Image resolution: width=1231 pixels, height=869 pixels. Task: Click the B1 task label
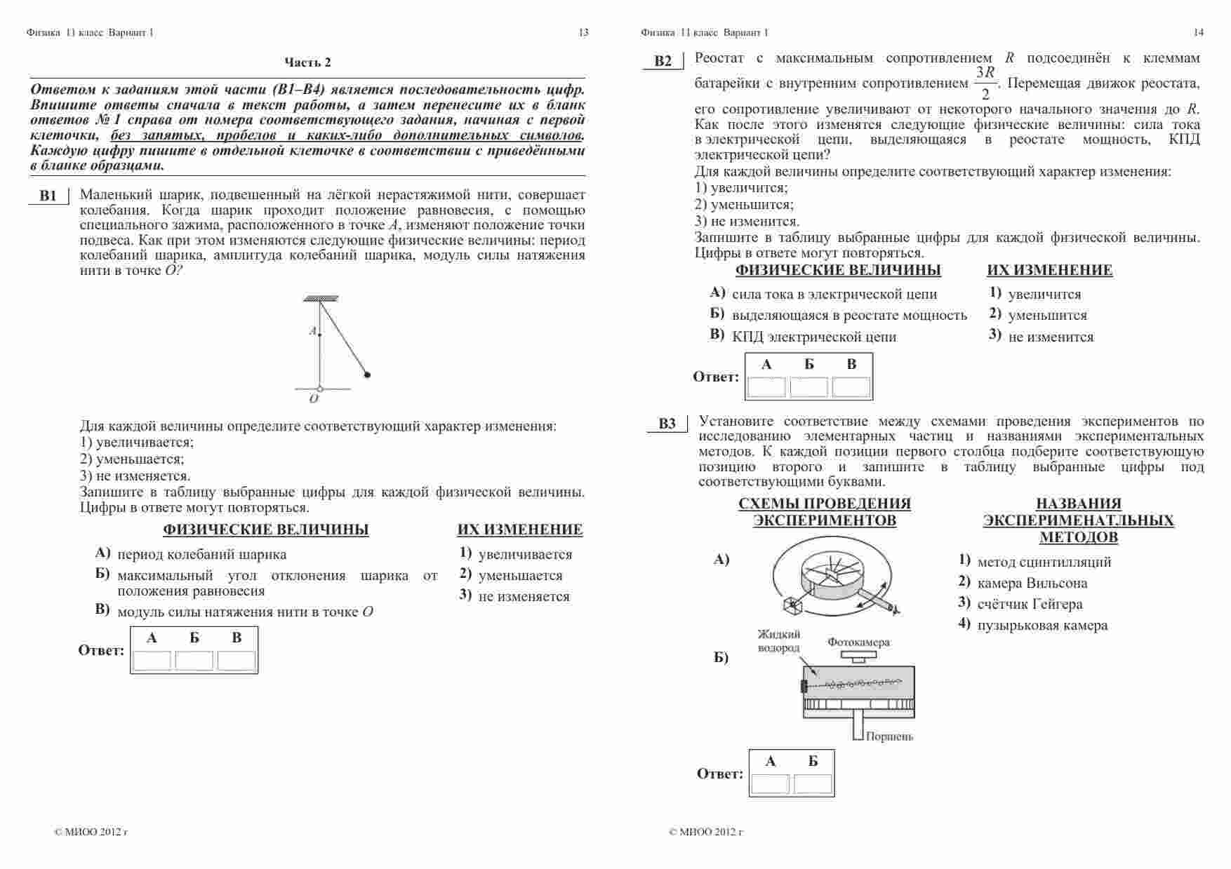48,196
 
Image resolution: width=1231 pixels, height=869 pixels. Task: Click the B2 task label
663,61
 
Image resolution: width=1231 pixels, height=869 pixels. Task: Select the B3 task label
667,424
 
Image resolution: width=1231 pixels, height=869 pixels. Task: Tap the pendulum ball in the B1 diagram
367,375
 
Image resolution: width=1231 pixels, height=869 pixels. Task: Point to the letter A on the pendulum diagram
313,331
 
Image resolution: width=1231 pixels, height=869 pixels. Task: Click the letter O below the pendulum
314,398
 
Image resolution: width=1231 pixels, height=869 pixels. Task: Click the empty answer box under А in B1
152,661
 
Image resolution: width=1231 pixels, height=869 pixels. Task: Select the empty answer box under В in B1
237,661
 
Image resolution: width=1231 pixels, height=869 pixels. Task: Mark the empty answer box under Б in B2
809,387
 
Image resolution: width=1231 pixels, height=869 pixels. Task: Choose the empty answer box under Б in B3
813,784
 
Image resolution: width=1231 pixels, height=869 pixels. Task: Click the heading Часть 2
307,62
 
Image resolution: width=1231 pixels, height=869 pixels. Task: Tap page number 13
583,32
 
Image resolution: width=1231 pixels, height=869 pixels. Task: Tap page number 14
1198,32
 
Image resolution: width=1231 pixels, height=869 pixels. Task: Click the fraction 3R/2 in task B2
985,83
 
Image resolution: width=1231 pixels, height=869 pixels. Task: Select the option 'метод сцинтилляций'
1044,562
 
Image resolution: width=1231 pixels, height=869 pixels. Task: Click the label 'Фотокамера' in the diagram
858,642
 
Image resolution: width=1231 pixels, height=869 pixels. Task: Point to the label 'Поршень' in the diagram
889,736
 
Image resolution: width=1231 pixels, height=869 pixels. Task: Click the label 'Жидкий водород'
778,641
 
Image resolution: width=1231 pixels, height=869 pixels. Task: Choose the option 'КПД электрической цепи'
814,337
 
